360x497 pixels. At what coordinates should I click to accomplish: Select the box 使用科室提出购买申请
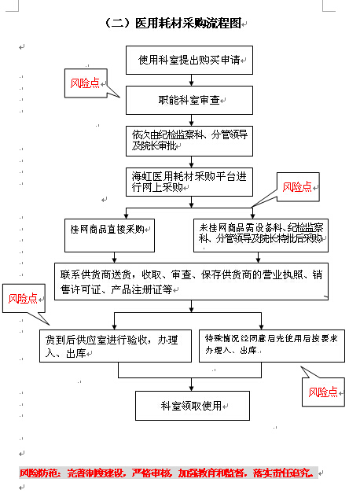[x=189, y=60]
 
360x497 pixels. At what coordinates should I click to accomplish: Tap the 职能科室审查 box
[x=189, y=101]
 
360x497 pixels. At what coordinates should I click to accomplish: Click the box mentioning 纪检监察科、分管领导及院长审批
[x=189, y=140]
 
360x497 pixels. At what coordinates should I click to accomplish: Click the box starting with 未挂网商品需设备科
[x=260, y=234]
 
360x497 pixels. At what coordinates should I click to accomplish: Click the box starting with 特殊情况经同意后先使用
[x=271, y=344]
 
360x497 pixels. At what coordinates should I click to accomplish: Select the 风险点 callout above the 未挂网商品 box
[x=297, y=187]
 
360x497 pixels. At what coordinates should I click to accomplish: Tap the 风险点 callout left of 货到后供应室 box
[x=24, y=299]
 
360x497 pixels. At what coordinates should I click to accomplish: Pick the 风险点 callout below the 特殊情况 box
[x=323, y=392]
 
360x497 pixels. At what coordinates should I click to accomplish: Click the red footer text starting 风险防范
[x=167, y=473]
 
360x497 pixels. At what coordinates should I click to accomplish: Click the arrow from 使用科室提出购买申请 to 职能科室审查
[x=189, y=80]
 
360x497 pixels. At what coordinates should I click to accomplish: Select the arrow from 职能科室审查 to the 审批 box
[x=189, y=120]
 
